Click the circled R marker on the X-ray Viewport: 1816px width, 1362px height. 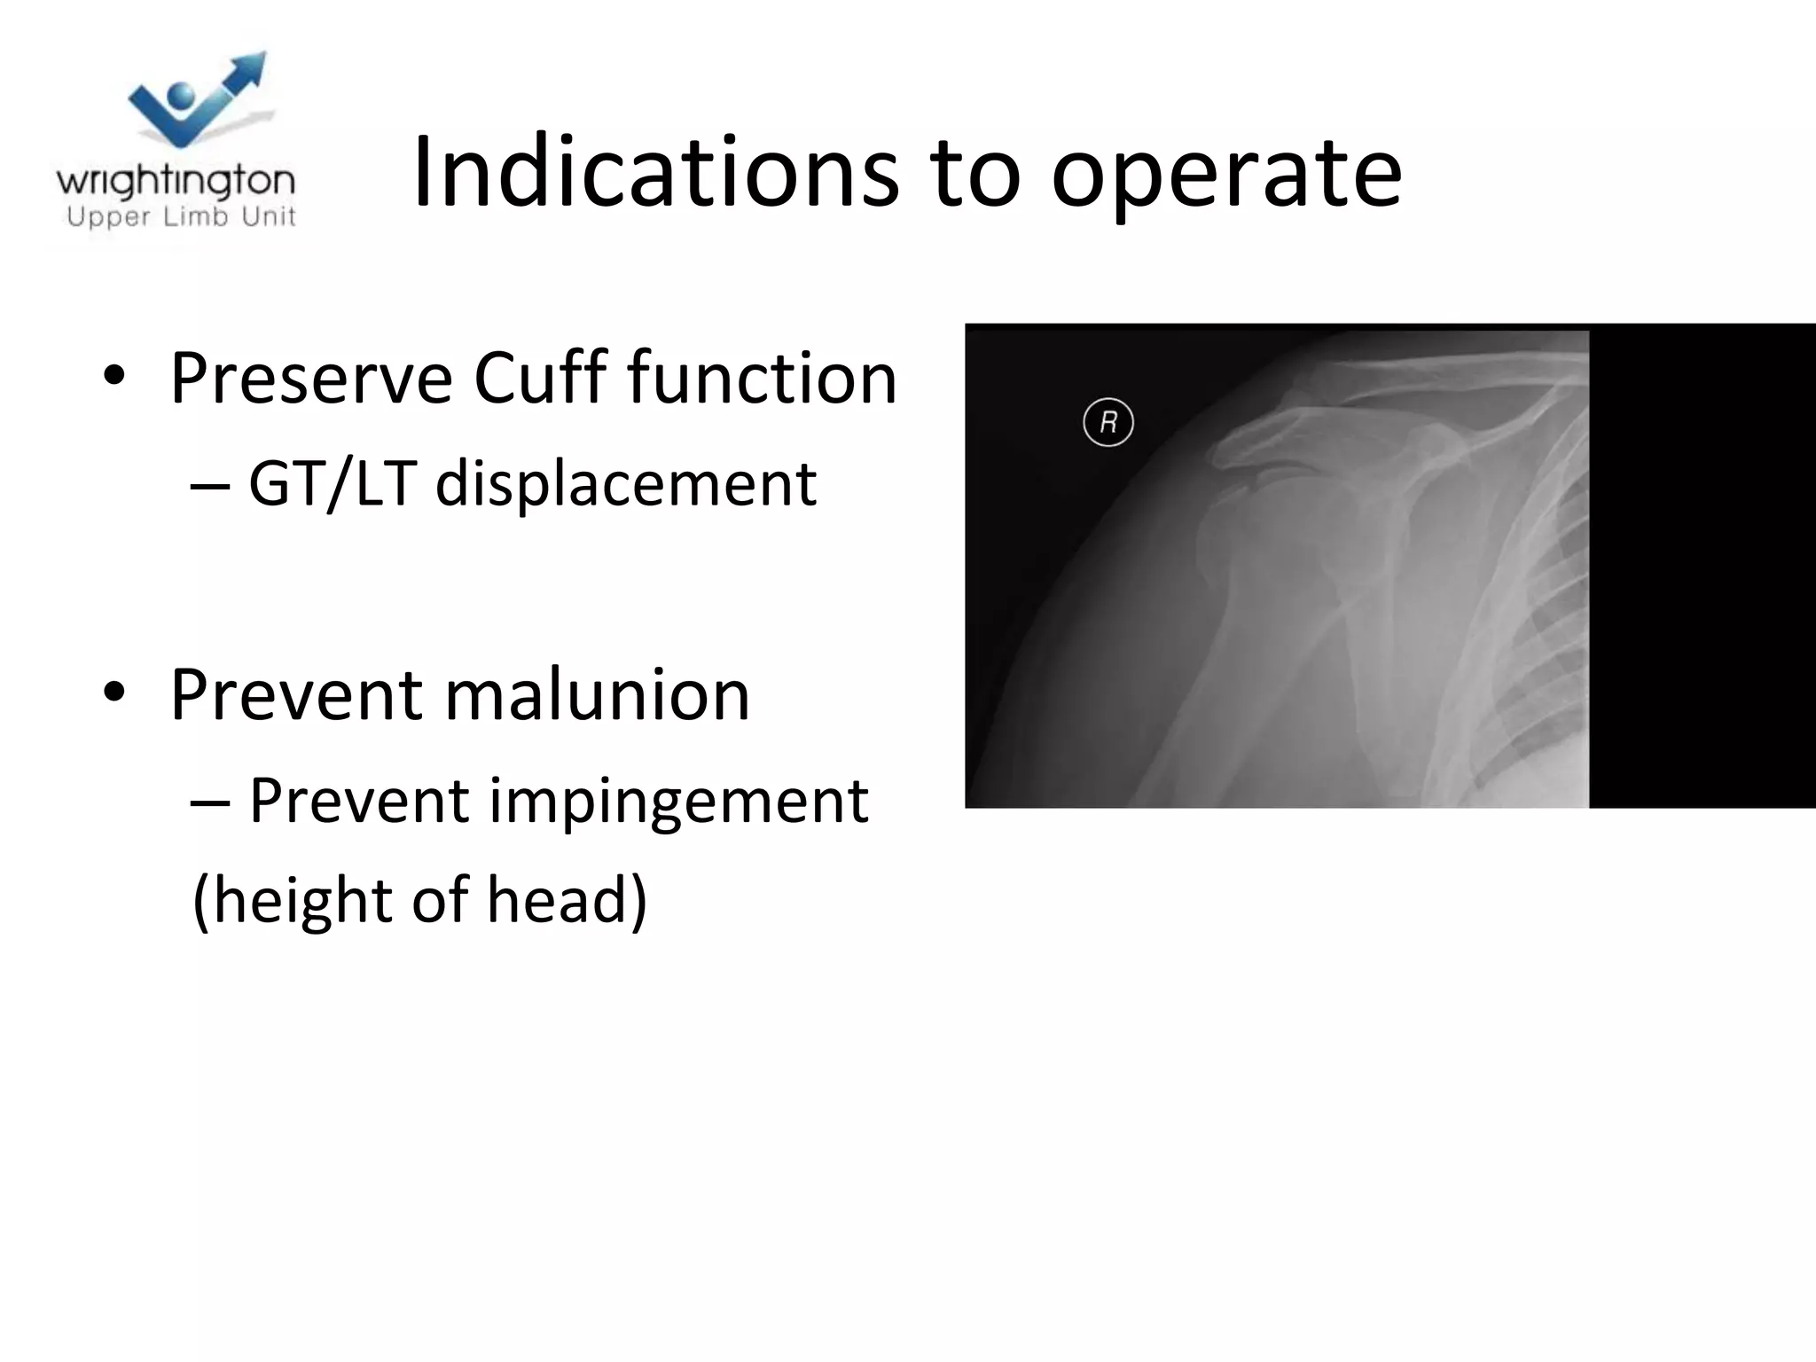(x=1108, y=423)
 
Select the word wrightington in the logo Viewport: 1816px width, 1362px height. (x=176, y=182)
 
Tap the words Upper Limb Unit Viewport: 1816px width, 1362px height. (x=181, y=217)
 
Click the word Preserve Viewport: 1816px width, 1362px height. (x=310, y=379)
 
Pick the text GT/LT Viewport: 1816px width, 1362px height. (x=332, y=484)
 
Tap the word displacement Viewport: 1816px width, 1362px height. (x=625, y=486)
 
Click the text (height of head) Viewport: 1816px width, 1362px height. (x=420, y=900)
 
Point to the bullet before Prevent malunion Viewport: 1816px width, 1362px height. (x=113, y=693)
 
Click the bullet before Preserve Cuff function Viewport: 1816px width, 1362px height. (x=113, y=377)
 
